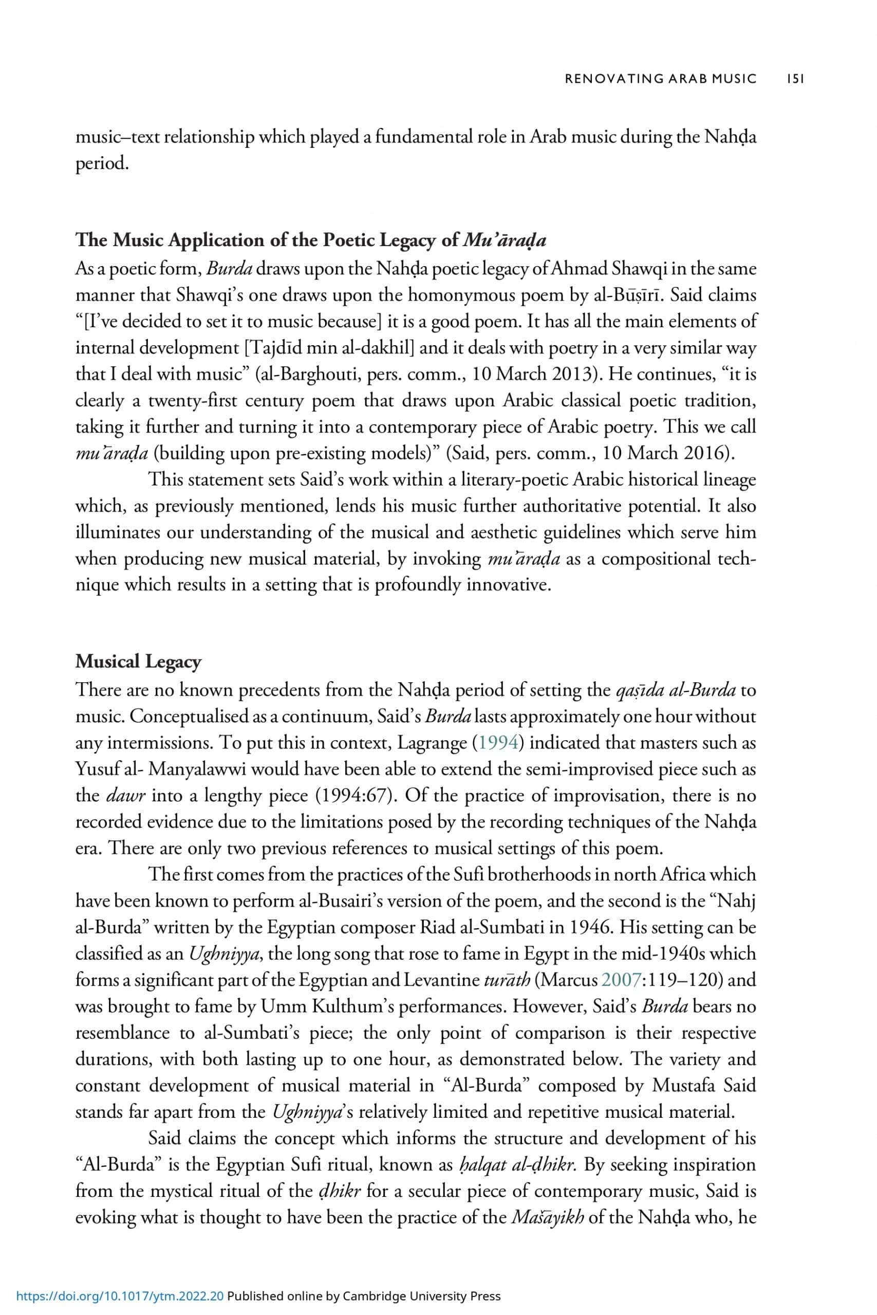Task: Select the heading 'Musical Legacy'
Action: (138, 662)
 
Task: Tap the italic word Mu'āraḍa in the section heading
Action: (505, 240)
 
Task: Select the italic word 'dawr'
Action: (126, 796)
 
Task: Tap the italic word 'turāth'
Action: (505, 980)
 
